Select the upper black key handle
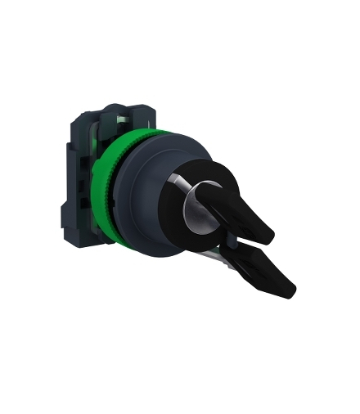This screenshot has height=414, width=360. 245,205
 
